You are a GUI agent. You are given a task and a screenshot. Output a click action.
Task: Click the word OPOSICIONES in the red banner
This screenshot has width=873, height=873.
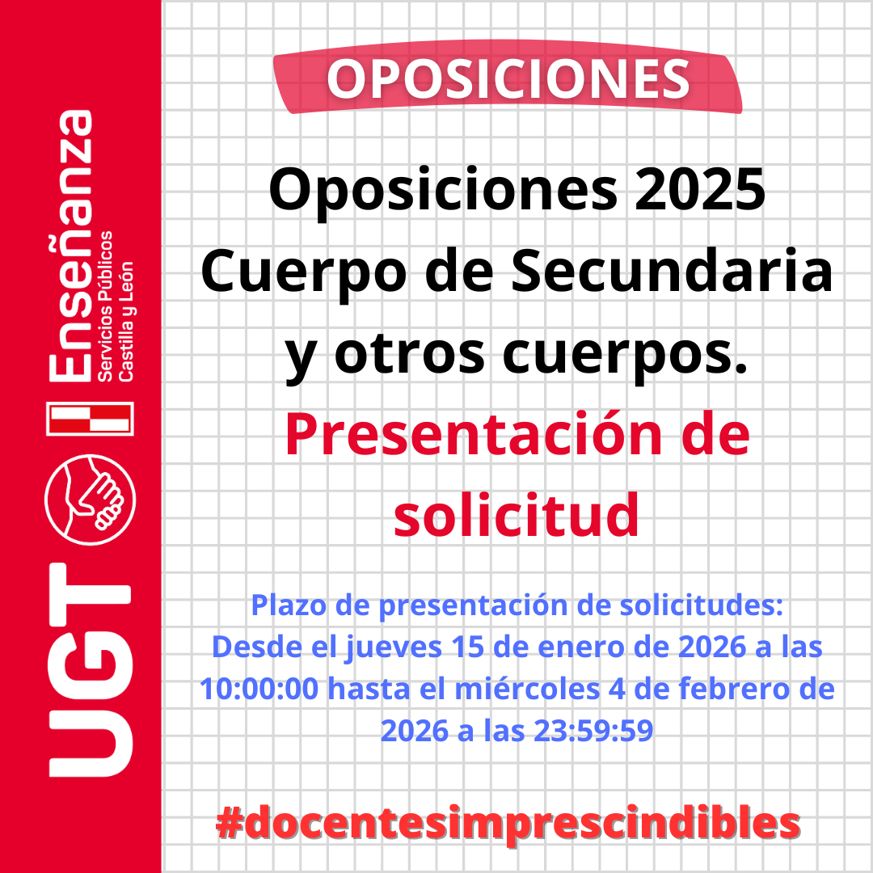click(x=508, y=79)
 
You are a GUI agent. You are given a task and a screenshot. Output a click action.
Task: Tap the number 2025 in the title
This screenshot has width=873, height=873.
click(x=700, y=189)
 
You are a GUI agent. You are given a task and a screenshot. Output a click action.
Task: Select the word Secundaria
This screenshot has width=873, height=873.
click(x=672, y=272)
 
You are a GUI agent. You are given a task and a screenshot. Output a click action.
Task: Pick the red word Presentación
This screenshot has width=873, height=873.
click(x=473, y=435)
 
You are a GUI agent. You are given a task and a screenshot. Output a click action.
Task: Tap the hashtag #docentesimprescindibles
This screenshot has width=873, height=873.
click(x=508, y=823)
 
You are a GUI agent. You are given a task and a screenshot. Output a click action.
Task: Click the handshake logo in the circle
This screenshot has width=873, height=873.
click(x=91, y=500)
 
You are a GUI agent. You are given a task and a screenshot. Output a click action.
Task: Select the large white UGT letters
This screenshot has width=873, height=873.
click(x=91, y=670)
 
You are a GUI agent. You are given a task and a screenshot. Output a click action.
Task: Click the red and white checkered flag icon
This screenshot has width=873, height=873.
click(x=91, y=418)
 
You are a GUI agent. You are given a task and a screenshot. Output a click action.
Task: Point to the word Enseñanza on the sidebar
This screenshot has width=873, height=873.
click(x=70, y=246)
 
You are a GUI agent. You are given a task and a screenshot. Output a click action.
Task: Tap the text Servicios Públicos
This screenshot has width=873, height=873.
click(x=104, y=306)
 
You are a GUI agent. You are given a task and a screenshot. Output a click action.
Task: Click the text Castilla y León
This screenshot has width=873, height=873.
click(x=126, y=321)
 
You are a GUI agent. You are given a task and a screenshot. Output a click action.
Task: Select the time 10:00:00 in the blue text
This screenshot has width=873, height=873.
click(x=259, y=689)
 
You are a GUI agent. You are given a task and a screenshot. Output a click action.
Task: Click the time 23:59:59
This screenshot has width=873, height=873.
click(x=593, y=731)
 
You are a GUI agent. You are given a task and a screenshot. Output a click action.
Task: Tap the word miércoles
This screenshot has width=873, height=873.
click(x=527, y=689)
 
